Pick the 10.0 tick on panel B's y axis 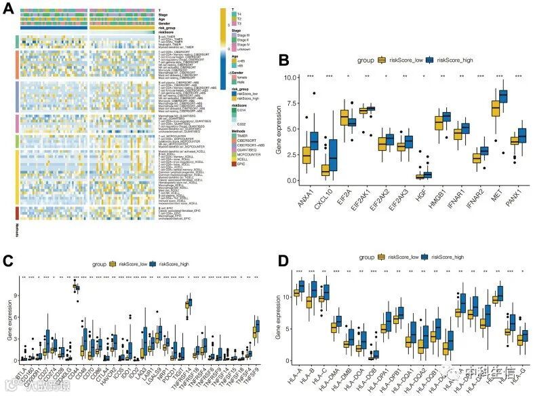pyautogui.click(x=290, y=77)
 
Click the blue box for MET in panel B pyautogui.click(x=502, y=96)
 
